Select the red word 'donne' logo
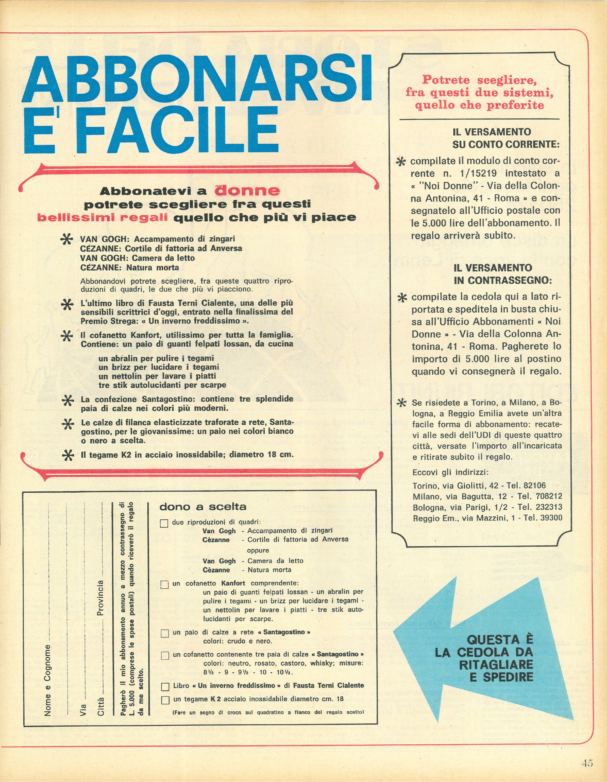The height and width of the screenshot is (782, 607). [x=247, y=191]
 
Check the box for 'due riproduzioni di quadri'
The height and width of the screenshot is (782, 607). [x=164, y=523]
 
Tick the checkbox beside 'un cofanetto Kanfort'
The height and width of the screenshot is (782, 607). [x=164, y=585]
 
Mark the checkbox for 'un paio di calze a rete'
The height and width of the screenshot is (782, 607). [x=165, y=633]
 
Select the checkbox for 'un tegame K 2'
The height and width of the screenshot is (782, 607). [x=165, y=700]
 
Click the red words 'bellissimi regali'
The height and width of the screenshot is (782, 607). [x=102, y=218]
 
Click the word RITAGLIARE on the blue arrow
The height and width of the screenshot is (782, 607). [x=496, y=665]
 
